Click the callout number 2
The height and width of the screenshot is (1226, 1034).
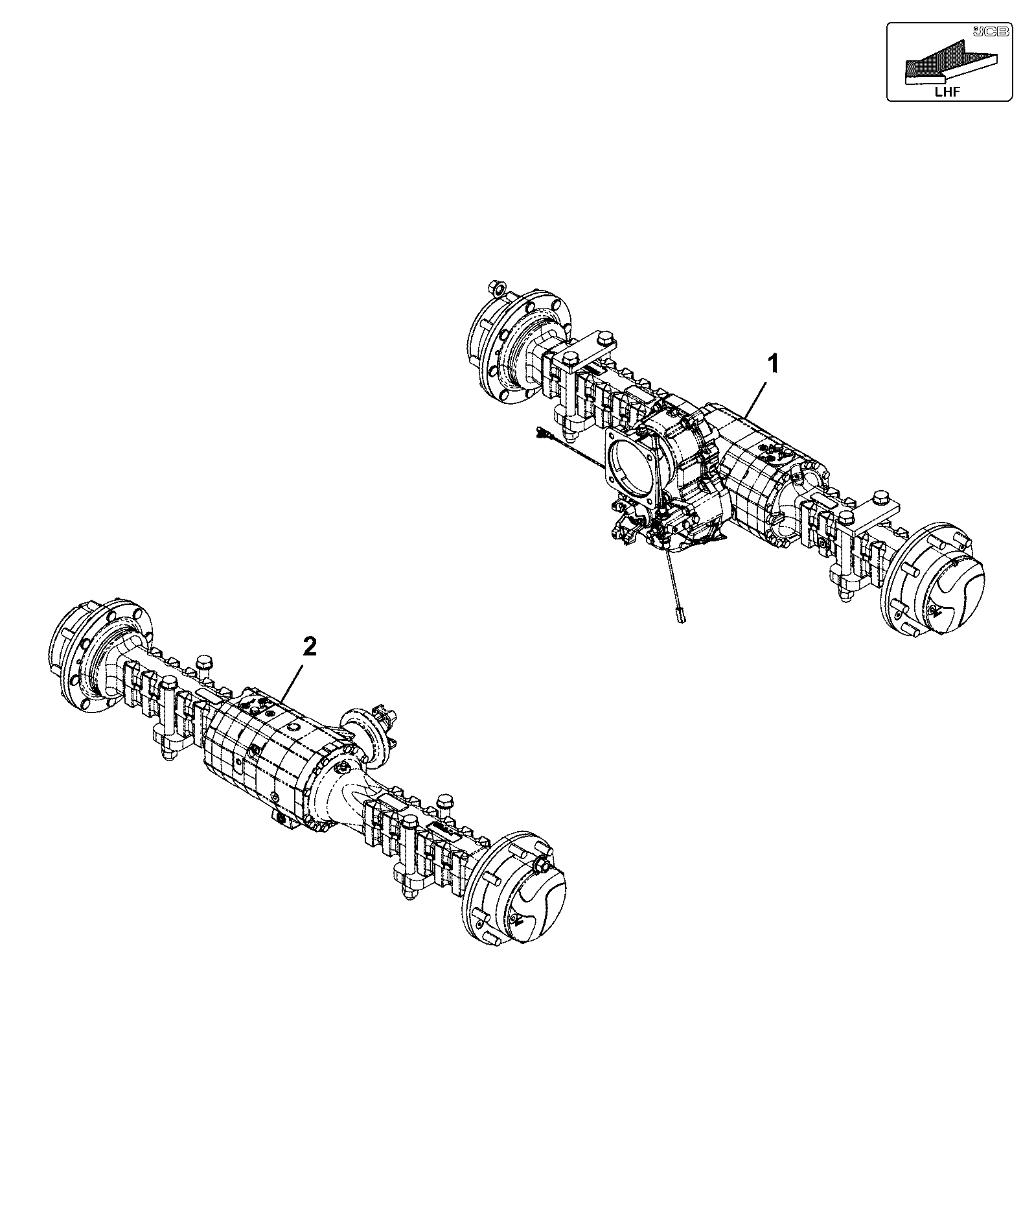click(310, 647)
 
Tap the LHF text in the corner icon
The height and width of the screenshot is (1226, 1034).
click(947, 92)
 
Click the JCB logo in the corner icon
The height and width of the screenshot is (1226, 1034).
click(990, 31)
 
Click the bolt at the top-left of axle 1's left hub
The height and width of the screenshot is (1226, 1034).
click(498, 287)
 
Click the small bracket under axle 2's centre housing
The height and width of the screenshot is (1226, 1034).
click(284, 818)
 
